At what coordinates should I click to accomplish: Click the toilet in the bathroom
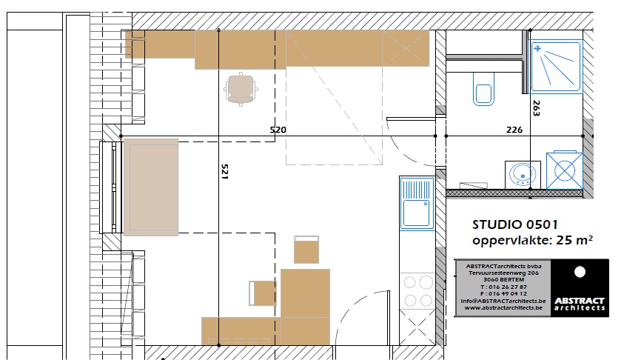(483, 89)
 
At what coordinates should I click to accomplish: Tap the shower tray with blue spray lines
(556, 66)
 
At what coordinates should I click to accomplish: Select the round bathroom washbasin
(523, 174)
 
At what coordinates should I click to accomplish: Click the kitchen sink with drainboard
(417, 203)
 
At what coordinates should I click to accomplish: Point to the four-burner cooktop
(417, 291)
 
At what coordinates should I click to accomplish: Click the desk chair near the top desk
(241, 89)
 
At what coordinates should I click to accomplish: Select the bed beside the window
(151, 187)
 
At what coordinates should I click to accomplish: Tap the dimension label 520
(278, 130)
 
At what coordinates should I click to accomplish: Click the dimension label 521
(224, 172)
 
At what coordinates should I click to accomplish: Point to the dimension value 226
(514, 130)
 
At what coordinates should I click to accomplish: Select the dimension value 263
(536, 108)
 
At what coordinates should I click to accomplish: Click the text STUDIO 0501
(515, 224)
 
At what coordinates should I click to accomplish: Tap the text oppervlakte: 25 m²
(532, 241)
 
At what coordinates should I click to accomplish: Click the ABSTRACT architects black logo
(580, 288)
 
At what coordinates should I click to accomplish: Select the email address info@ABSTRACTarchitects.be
(503, 301)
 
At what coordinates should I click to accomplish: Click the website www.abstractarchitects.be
(503, 308)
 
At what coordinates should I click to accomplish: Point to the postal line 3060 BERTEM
(503, 279)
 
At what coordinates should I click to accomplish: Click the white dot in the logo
(580, 272)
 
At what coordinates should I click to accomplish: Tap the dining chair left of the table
(263, 293)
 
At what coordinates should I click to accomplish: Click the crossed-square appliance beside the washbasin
(564, 170)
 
